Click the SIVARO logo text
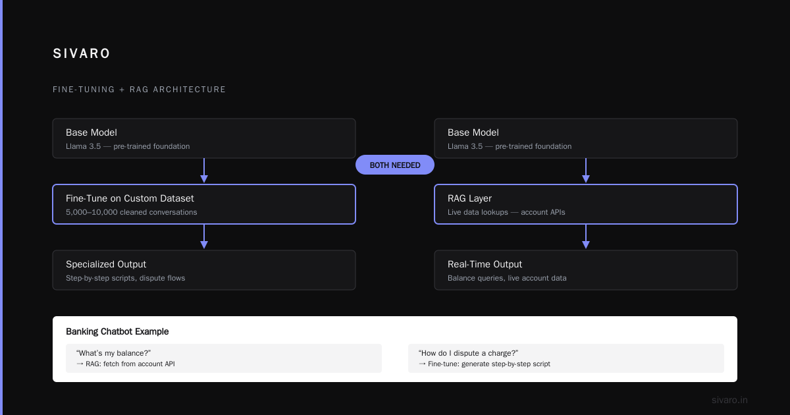[x=82, y=53]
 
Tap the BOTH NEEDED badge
[x=395, y=165]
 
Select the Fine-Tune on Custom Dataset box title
[x=130, y=198]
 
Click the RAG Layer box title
[x=469, y=198]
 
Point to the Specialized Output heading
[x=106, y=264]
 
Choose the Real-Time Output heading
[x=485, y=264]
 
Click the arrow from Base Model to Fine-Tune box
[x=204, y=171]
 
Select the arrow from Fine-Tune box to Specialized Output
[x=204, y=236]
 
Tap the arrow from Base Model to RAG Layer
[x=586, y=171]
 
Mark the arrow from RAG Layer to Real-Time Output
[x=586, y=236]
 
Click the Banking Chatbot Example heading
[x=117, y=332]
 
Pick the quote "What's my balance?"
[x=113, y=353]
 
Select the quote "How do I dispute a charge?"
[x=468, y=353]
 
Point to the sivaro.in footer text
[x=729, y=401]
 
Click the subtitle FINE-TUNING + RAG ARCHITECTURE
[x=139, y=90]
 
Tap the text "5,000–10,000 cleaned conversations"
[x=131, y=212]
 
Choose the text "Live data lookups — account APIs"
[x=506, y=212]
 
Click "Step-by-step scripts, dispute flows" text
[x=125, y=278]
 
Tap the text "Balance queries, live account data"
[x=507, y=278]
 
